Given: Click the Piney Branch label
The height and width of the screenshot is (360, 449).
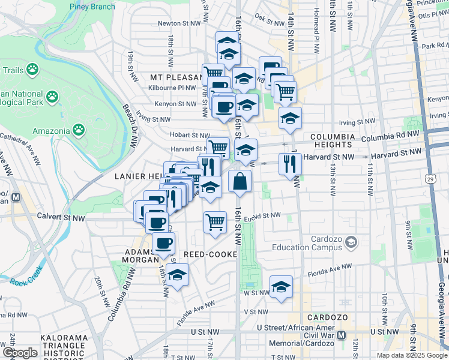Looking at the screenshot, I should [x=93, y=7].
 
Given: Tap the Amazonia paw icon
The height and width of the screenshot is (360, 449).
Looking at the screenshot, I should [x=79, y=129].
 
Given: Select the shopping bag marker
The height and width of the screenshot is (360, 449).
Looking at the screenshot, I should [x=240, y=181].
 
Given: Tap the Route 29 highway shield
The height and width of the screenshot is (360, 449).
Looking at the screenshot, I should [x=430, y=178].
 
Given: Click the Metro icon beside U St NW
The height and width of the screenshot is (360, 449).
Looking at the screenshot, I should [x=341, y=334].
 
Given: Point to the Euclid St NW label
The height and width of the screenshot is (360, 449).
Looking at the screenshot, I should [x=262, y=215].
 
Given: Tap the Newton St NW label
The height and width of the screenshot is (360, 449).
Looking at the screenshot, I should [x=178, y=23].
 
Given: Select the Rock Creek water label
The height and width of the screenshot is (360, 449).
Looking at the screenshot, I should [x=27, y=277].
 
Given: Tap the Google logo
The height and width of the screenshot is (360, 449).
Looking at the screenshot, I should [x=20, y=352].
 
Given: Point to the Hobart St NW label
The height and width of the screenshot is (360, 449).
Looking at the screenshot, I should [x=190, y=135].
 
